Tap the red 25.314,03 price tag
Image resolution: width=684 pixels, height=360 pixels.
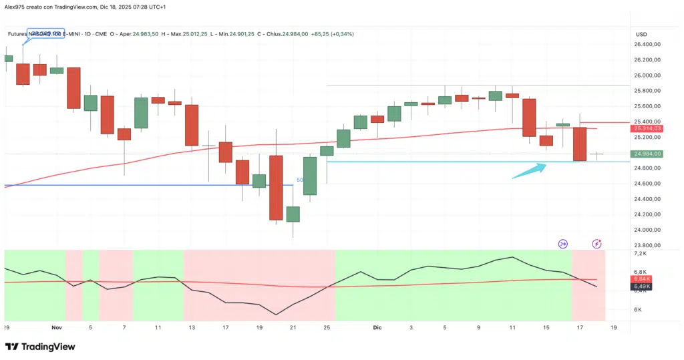[647, 128]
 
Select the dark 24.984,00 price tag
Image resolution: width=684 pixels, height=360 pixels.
[647, 154]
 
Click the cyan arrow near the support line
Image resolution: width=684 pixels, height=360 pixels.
[529, 170]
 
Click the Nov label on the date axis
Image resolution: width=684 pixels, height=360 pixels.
[56, 328]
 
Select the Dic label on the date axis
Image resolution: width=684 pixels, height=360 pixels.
[377, 328]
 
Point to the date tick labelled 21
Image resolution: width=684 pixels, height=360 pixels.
[293, 328]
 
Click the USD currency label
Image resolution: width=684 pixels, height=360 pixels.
[641, 34]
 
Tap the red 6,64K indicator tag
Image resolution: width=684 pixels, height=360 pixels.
[643, 279]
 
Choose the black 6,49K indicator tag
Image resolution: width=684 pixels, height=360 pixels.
[643, 287]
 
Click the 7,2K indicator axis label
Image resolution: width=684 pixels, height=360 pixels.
[641, 254]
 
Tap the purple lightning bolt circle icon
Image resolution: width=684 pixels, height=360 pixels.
[596, 244]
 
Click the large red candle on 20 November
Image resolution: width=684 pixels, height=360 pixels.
[276, 188]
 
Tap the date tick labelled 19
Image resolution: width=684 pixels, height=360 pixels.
[614, 328]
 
